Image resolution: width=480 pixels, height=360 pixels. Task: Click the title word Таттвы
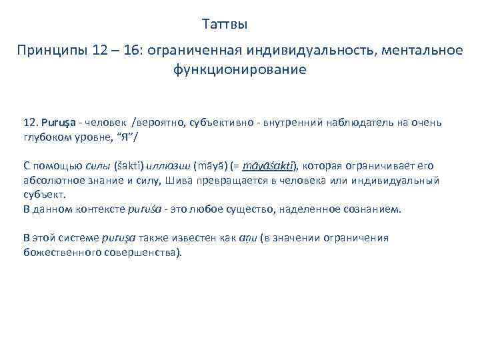point(225,25)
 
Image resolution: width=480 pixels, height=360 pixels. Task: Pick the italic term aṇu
point(245,238)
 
